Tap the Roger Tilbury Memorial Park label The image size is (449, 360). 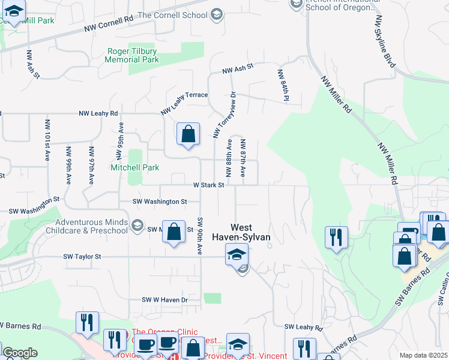click(132, 55)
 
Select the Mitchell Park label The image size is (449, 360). click(133, 168)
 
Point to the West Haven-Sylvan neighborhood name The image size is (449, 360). click(251, 233)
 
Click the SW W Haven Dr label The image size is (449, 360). click(164, 299)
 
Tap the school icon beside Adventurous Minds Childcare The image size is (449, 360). click(137, 226)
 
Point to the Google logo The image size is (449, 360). click(20, 353)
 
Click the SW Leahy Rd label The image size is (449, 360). click(304, 328)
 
